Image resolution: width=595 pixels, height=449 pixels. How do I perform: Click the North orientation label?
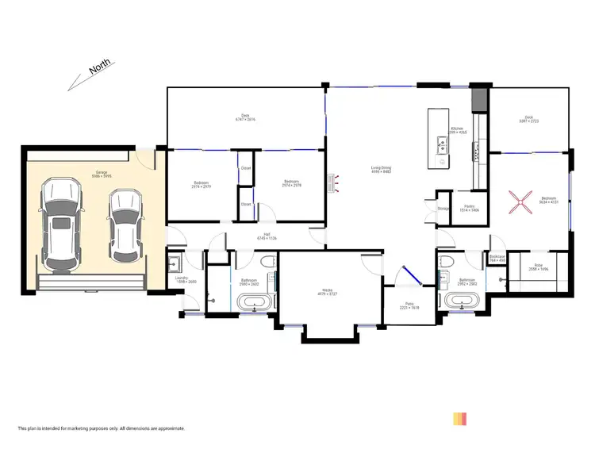(x=99, y=69)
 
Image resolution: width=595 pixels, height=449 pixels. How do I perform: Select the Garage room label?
(x=102, y=172)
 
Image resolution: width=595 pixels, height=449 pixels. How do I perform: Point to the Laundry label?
(x=182, y=278)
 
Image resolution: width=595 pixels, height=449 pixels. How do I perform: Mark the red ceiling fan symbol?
(x=523, y=202)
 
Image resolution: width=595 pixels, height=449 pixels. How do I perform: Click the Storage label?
(x=443, y=209)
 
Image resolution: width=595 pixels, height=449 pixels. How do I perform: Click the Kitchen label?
(x=457, y=129)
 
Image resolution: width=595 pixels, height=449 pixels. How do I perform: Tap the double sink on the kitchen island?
(x=440, y=145)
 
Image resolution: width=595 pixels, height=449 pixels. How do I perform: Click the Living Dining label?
(x=381, y=168)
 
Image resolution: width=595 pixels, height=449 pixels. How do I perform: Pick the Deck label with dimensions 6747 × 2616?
(x=245, y=117)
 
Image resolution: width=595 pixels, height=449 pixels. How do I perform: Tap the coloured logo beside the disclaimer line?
(x=460, y=418)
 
